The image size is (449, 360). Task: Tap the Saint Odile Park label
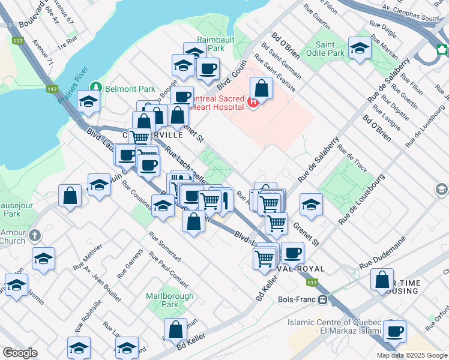click(330, 49)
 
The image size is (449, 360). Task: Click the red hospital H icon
click(253, 103)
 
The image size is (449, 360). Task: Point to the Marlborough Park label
click(170, 300)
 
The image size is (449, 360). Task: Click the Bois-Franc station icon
click(323, 299)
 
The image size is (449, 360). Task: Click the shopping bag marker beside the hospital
click(262, 89)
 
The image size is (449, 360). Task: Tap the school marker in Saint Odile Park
click(360, 49)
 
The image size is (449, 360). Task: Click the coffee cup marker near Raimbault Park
click(208, 70)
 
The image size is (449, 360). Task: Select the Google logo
click(20, 353)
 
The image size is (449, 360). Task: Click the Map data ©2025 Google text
click(412, 355)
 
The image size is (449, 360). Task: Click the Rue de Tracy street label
click(353, 156)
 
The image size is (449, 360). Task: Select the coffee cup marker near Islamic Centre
click(394, 331)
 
